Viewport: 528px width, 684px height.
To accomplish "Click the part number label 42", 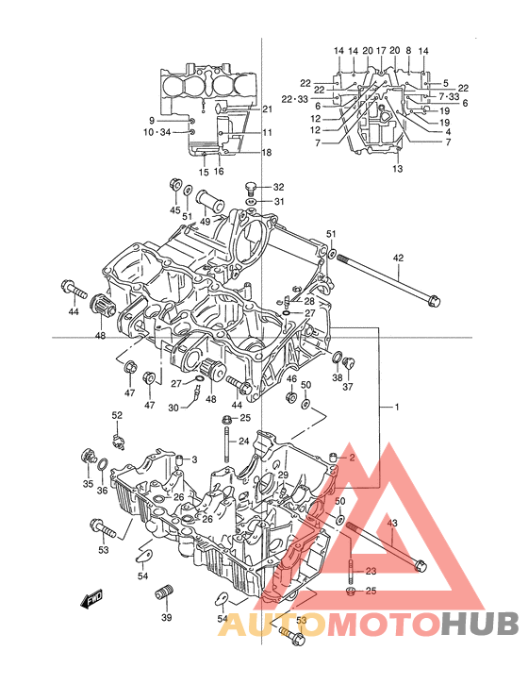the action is [398, 258].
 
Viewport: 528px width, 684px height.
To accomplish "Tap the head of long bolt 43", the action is [421, 566].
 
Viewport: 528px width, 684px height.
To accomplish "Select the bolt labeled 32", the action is [251, 188].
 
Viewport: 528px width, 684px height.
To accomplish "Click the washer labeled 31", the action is [250, 202].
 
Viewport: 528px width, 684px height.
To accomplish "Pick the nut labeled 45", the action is [174, 184].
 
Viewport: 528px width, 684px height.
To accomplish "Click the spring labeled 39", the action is [164, 592].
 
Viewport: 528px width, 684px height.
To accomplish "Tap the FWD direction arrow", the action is [91, 598].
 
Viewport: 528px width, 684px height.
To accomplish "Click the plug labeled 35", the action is [89, 457].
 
